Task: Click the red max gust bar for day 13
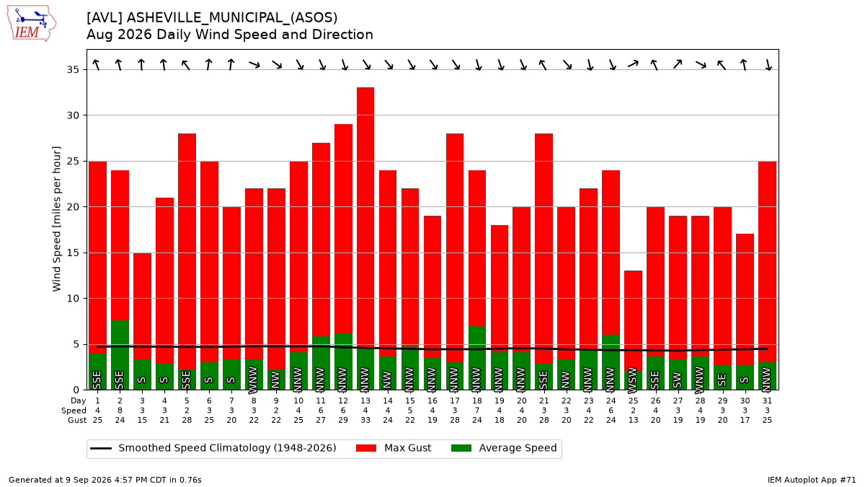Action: (x=365, y=219)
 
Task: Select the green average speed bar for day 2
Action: (x=120, y=355)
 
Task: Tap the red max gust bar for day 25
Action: (x=634, y=320)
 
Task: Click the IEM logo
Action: (x=31, y=24)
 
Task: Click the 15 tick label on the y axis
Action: (x=73, y=253)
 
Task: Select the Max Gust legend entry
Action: (x=393, y=448)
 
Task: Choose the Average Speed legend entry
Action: (x=504, y=448)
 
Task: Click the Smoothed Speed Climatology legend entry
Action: (x=213, y=448)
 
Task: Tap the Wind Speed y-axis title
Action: (x=56, y=219)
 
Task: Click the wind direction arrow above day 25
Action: (x=634, y=63)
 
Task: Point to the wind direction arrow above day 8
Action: (x=254, y=64)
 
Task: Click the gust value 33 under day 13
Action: (x=365, y=420)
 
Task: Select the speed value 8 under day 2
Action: (x=120, y=411)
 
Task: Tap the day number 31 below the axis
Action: (x=767, y=401)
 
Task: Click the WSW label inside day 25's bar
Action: (x=634, y=380)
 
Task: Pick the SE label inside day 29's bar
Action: (x=722, y=380)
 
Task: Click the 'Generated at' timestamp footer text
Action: (x=105, y=480)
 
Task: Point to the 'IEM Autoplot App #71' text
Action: (x=812, y=480)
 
